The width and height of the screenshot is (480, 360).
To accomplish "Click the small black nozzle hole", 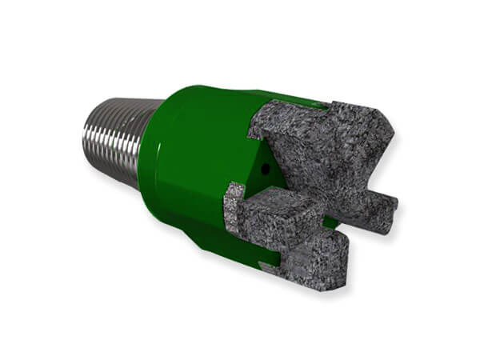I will [x=264, y=169].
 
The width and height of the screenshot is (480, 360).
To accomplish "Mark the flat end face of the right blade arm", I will [x=393, y=207].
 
